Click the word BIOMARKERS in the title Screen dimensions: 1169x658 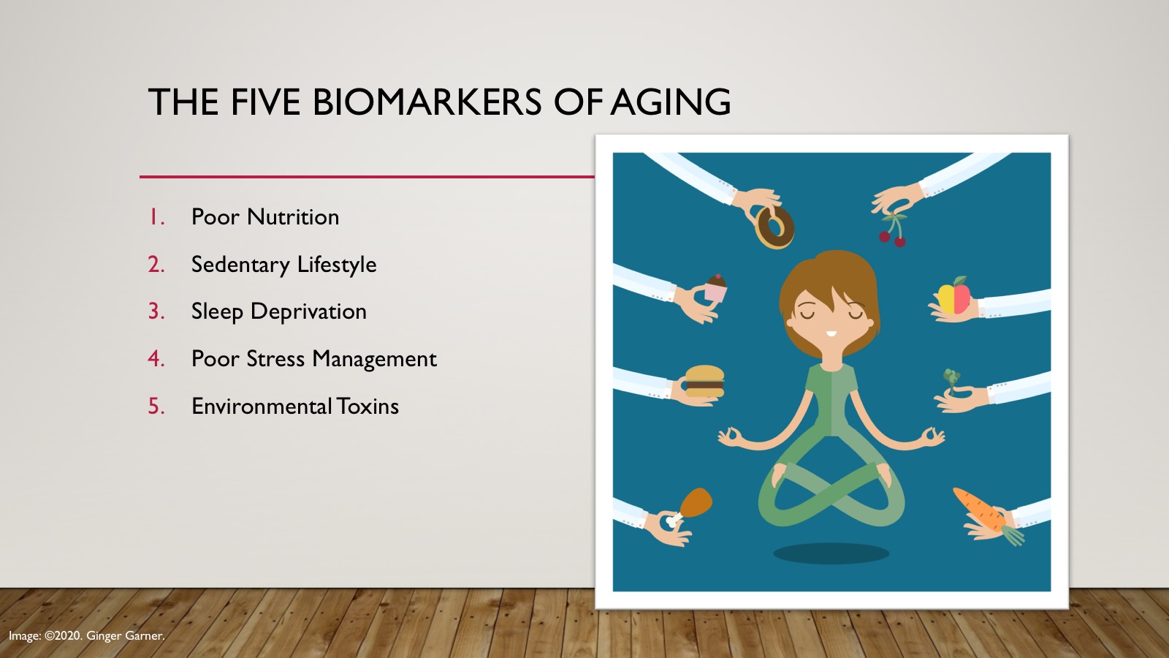[x=427, y=102]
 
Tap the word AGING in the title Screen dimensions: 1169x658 [x=671, y=102]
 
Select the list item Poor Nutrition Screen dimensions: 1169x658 [x=265, y=217]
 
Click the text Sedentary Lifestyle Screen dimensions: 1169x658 [x=283, y=265]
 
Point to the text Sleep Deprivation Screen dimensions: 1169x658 [x=278, y=311]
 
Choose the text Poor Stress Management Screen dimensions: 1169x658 [x=313, y=359]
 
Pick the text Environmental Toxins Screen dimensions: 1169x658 [x=295, y=406]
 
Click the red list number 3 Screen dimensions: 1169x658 [x=156, y=311]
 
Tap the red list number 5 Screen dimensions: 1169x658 [x=156, y=406]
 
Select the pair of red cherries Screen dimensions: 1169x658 [x=893, y=232]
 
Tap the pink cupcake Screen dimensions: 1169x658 [x=715, y=288]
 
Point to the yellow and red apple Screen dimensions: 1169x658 [x=954, y=296]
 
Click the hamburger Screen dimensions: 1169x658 [x=704, y=381]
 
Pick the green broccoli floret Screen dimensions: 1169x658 [x=952, y=379]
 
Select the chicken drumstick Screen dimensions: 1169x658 [x=690, y=506]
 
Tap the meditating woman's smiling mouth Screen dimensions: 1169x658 [x=831, y=333]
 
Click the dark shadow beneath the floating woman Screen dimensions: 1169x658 [x=831, y=553]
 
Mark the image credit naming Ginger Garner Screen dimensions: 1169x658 [x=87, y=636]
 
